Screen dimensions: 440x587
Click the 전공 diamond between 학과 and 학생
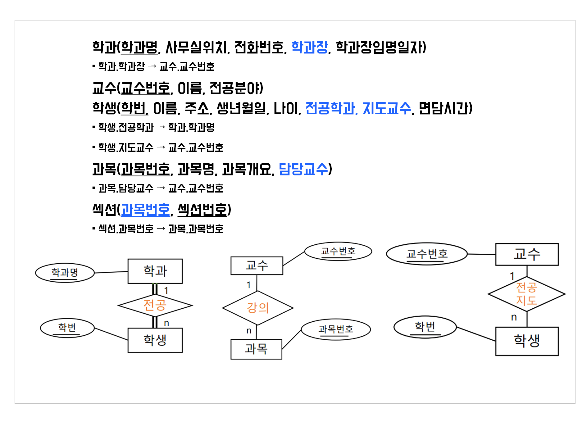(155, 305)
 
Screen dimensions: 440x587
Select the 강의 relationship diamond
(257, 308)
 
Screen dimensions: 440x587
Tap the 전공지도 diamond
(526, 294)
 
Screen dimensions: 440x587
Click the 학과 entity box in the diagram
(155, 271)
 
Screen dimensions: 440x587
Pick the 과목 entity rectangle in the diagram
(256, 349)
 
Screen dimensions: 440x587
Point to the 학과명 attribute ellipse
(65, 273)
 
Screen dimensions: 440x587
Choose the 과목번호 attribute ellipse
(336, 329)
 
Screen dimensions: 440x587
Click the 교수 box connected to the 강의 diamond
(257, 265)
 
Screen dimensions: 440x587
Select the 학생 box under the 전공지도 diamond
(527, 341)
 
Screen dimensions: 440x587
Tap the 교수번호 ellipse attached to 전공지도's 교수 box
(427, 254)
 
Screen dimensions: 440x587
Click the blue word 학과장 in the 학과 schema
(310, 47)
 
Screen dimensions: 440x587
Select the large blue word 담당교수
(303, 169)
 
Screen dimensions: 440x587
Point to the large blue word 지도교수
(387, 108)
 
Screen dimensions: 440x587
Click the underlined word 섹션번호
(202, 210)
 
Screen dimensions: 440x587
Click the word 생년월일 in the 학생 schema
(241, 108)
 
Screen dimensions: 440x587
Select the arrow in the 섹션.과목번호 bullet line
(161, 229)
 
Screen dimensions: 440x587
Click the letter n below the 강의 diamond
(249, 331)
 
